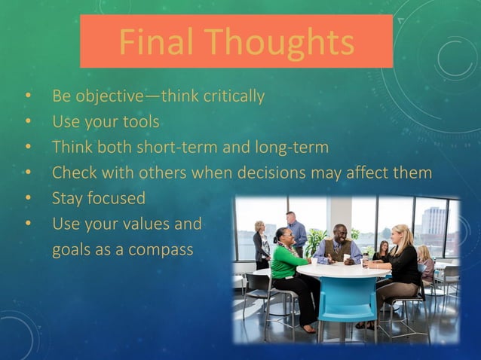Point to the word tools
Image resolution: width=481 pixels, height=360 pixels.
point(141,121)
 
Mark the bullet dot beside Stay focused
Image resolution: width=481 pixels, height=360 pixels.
point(29,200)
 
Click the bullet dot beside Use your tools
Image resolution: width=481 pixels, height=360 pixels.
point(29,122)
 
